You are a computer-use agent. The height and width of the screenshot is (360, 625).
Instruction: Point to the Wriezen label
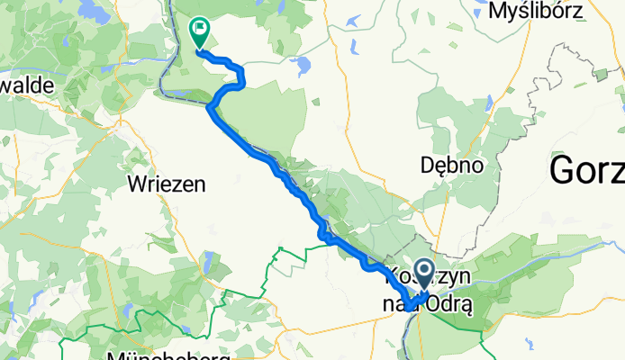click(168, 184)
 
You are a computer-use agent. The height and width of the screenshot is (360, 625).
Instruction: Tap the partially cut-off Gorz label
click(586, 167)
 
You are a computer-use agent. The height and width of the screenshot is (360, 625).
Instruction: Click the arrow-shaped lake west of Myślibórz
click(351, 21)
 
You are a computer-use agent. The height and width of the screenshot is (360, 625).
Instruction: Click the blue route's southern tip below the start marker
click(409, 308)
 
